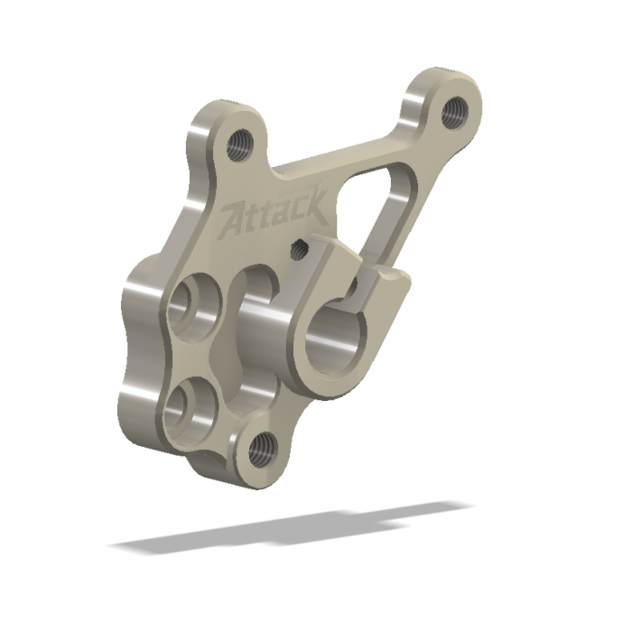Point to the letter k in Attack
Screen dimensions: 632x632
tap(315, 208)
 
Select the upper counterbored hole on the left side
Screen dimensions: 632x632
tap(191, 303)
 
